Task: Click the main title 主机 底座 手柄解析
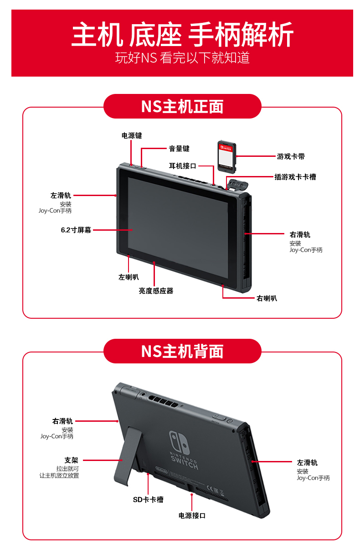point(182,34)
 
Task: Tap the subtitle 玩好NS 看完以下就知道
point(182,57)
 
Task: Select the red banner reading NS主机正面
point(182,106)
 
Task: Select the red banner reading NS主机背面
point(182,351)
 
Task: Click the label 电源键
point(132,135)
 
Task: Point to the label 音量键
point(179,149)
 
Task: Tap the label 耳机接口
point(182,166)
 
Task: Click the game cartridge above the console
point(227,156)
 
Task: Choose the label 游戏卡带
point(291,156)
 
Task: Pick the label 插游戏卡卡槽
point(295,177)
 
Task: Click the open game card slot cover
point(237,185)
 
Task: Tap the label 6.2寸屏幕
point(76,230)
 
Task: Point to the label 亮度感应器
point(156,291)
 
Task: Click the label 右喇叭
point(267,298)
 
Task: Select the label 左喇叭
point(129,277)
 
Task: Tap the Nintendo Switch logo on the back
point(183,450)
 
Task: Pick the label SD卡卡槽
point(148,500)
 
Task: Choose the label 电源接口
point(192,516)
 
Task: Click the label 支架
point(72,460)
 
